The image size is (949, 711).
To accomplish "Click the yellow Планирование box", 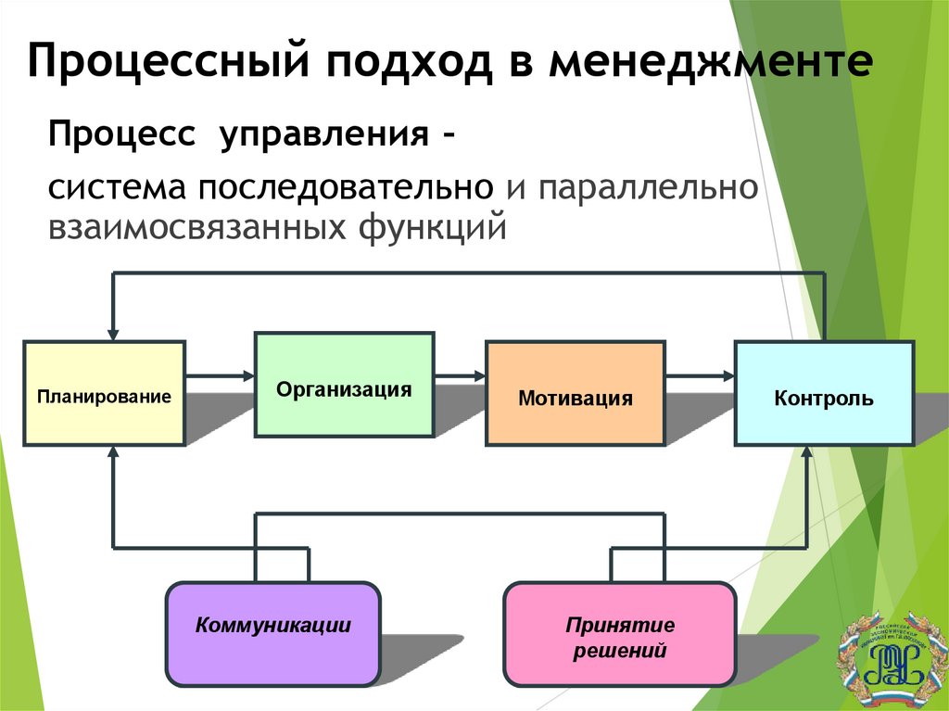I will pyautogui.click(x=104, y=393).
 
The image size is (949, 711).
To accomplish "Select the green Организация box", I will pyautogui.click(x=344, y=385).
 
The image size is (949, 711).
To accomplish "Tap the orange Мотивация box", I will pyautogui.click(x=576, y=394).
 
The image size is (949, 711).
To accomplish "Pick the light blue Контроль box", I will pyautogui.click(x=824, y=393).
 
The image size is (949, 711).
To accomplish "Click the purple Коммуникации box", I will pyautogui.click(x=272, y=633).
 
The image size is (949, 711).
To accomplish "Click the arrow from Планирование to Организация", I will pyautogui.click(x=220, y=375).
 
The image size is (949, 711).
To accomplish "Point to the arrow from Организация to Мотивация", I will pyautogui.click(x=460, y=375).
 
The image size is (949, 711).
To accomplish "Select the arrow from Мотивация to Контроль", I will pyautogui.click(x=700, y=375).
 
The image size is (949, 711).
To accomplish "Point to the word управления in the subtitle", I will pyautogui.click(x=323, y=134).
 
